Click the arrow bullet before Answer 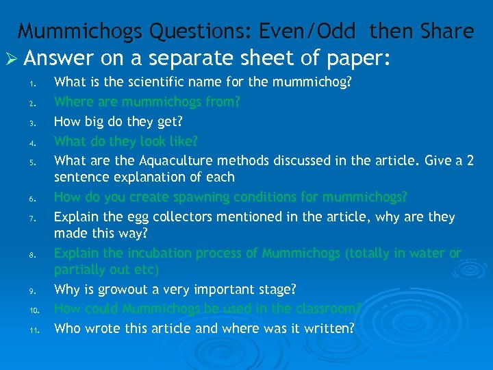(x=13, y=58)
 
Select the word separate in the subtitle (x=209, y=58)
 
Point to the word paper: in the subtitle (x=351, y=58)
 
